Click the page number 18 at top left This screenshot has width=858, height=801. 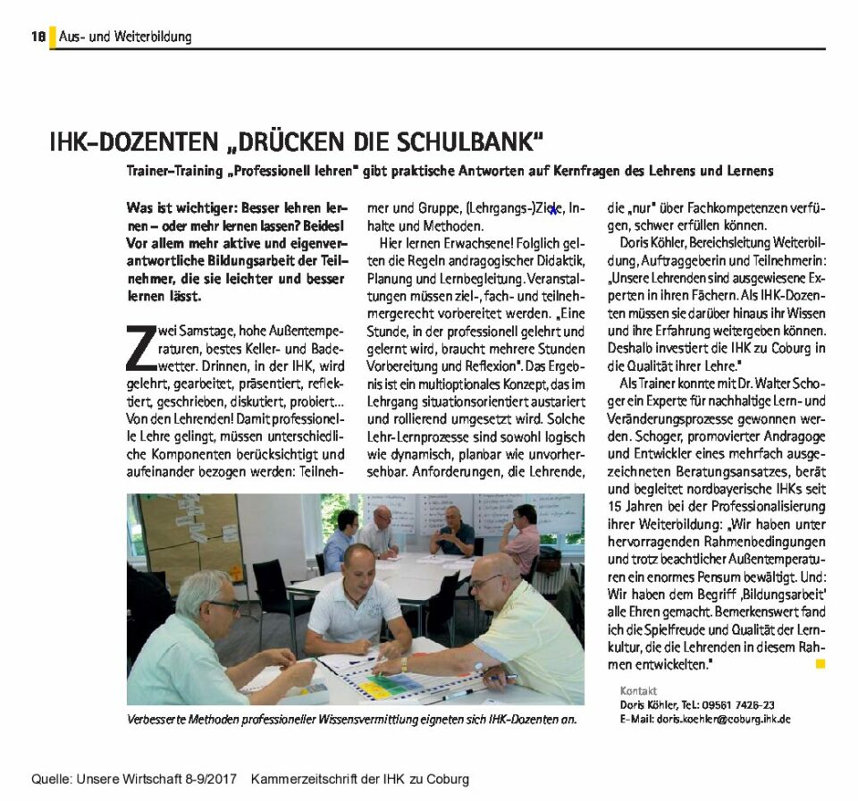tap(38, 37)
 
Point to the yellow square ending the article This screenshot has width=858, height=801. tap(820, 664)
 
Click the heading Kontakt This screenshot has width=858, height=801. tap(638, 691)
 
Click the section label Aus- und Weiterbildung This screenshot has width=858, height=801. tap(125, 37)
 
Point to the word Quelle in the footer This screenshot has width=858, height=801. tap(53, 779)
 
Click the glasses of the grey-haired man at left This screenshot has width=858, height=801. tap(223, 605)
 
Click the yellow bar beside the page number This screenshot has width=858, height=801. tap(52, 37)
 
